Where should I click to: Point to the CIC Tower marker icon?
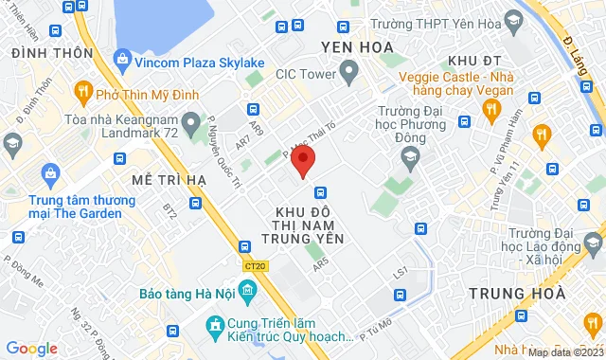click(348, 71)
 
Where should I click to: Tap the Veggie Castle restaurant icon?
click(490, 111)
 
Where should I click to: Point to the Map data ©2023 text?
click(564, 352)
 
